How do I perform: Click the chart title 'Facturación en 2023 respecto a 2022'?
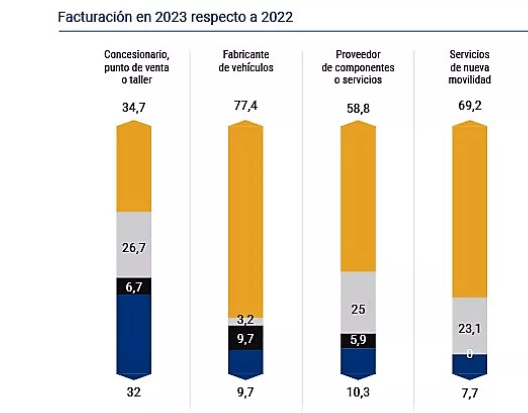pyautogui.click(x=175, y=17)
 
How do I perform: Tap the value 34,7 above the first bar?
pyautogui.click(x=134, y=108)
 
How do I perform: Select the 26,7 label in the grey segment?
pyautogui.click(x=134, y=248)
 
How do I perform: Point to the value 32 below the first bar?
pyautogui.click(x=134, y=392)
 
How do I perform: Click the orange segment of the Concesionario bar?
pyautogui.click(x=134, y=169)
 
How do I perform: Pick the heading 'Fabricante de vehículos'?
pyautogui.click(x=246, y=61)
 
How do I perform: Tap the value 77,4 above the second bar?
pyautogui.click(x=246, y=106)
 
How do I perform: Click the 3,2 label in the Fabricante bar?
pyautogui.click(x=245, y=320)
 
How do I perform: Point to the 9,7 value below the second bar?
pyautogui.click(x=245, y=392)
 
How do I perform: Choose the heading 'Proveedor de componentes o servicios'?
pyautogui.click(x=358, y=67)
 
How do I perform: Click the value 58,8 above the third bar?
pyautogui.click(x=358, y=109)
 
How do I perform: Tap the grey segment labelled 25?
pyautogui.click(x=358, y=309)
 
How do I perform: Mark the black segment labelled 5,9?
pyautogui.click(x=358, y=340)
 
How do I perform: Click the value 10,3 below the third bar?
pyautogui.click(x=358, y=392)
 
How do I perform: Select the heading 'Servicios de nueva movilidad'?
pyautogui.click(x=469, y=67)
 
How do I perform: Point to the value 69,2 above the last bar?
pyautogui.click(x=470, y=106)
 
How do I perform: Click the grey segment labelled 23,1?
pyautogui.click(x=469, y=328)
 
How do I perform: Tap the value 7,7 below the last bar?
pyautogui.click(x=469, y=393)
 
